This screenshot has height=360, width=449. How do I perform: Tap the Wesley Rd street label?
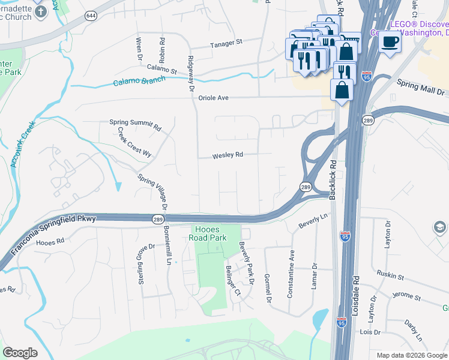point(228,155)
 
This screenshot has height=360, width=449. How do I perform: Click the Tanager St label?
point(226,43)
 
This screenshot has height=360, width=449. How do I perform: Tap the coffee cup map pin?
point(391,42)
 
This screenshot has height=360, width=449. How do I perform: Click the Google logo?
point(20,353)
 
